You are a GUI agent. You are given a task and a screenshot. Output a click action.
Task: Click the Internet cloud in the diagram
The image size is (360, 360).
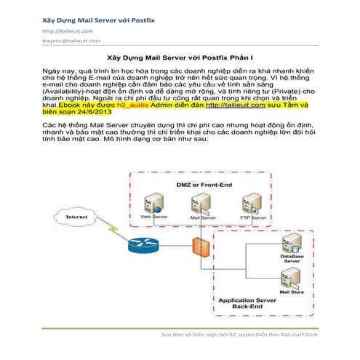coord(71,217)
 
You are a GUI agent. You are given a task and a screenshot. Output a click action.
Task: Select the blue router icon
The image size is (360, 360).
coord(143,246)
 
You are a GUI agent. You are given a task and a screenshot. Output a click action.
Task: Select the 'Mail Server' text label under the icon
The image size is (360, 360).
coord(203,217)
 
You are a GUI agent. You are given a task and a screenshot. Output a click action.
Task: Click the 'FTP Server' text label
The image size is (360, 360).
coord(252,217)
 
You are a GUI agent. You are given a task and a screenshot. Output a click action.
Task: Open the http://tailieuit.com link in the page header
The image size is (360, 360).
coord(67,31)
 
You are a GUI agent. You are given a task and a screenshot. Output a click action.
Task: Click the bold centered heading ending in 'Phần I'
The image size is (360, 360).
coord(180,56)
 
